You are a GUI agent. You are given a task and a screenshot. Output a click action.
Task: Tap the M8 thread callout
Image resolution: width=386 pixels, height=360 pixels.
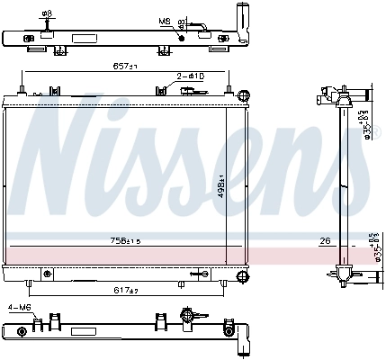[x=164, y=20]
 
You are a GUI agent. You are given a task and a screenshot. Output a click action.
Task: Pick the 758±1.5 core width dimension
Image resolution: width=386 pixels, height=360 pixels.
[x=125, y=240]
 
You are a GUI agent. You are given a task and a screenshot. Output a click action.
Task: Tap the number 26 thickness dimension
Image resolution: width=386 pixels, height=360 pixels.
[x=324, y=240]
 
